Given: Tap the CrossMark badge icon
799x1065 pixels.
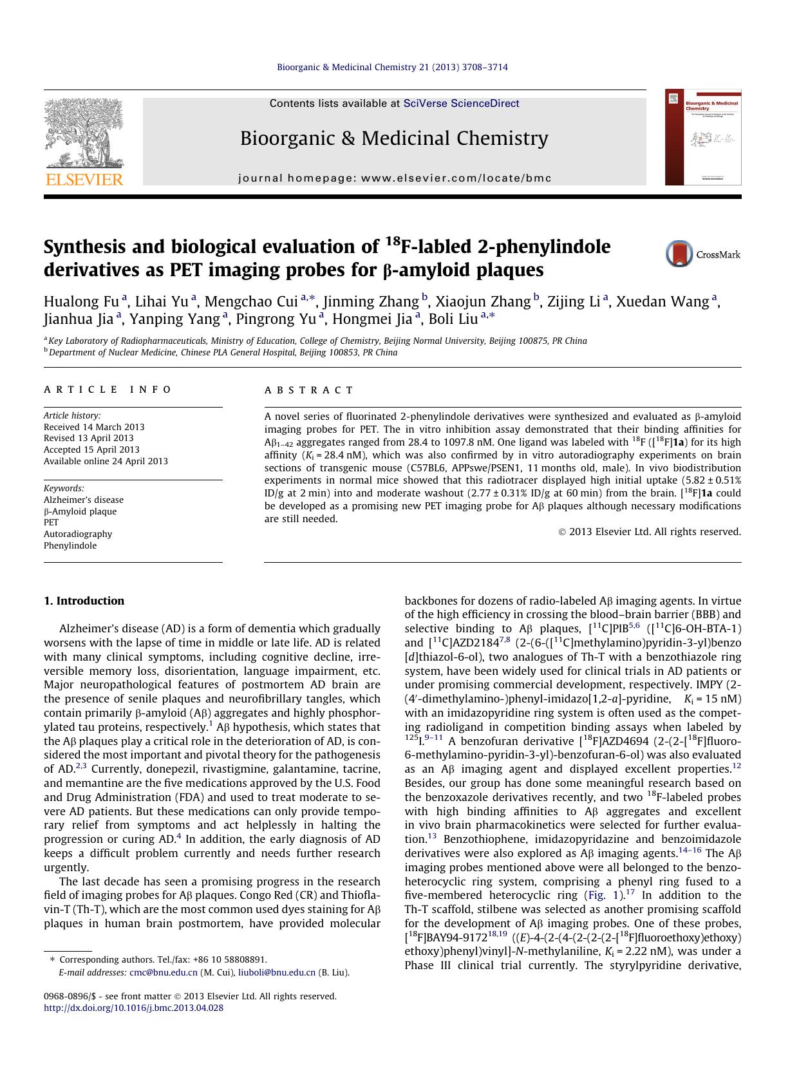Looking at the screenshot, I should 679,254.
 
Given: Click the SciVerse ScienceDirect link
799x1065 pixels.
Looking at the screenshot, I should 461,103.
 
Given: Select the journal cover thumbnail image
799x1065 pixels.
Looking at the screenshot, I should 702,137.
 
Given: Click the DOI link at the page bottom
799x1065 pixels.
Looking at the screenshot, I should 133,1008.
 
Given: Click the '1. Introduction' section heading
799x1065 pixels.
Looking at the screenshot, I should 84,601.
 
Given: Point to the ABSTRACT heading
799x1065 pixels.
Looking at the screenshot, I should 309,390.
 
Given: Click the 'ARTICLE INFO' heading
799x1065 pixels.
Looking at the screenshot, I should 108,390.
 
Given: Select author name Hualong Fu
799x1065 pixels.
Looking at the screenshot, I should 81,301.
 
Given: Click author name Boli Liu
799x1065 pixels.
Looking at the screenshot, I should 453,318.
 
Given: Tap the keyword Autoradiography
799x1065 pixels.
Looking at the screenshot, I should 78,534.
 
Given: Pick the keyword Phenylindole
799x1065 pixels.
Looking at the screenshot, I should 70,545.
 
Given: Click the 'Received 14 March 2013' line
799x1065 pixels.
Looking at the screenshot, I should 94,427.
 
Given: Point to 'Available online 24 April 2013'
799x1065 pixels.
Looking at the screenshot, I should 106,461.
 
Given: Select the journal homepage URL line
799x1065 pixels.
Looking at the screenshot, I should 395,178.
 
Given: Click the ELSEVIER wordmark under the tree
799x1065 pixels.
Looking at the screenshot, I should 84,180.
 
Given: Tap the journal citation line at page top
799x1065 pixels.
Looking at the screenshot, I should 392,67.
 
